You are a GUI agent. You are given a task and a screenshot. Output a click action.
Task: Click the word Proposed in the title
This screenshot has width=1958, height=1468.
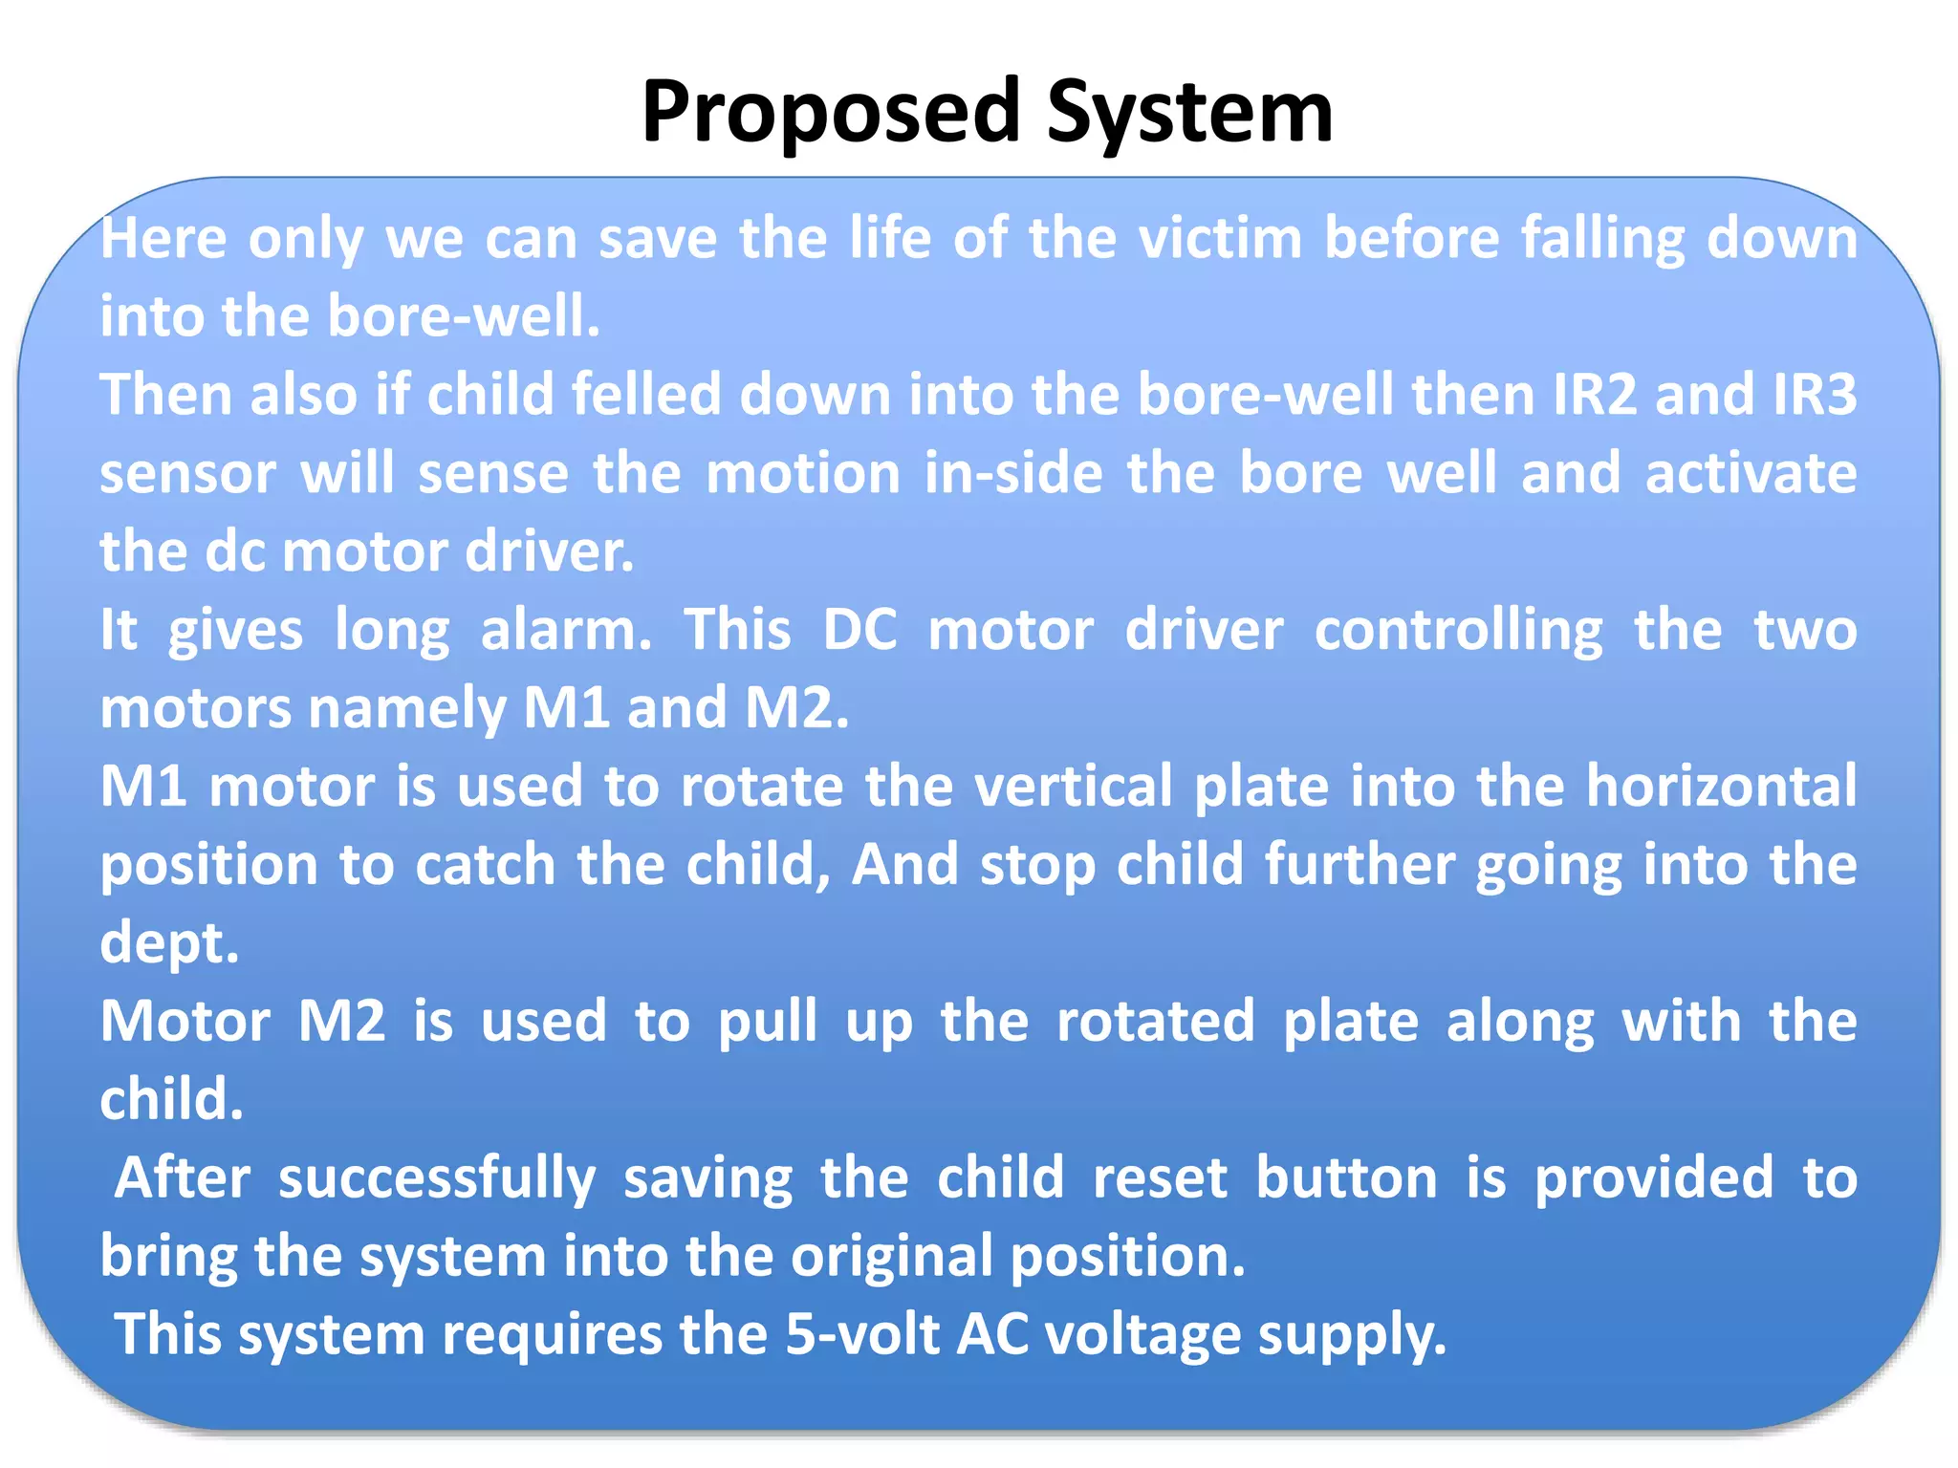831,113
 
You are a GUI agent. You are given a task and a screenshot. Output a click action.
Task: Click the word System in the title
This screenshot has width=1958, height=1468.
1189,113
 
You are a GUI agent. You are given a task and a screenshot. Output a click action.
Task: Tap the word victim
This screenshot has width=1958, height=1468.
1220,238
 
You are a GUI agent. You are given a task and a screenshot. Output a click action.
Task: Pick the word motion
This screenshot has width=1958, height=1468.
803,473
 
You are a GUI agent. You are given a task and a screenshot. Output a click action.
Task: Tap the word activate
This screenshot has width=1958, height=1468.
1751,473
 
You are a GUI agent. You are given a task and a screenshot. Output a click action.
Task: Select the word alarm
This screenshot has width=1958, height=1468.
565,630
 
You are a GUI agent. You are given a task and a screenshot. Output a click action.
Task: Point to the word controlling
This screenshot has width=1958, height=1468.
1458,630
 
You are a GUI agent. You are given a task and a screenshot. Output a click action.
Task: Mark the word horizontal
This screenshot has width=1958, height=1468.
1721,787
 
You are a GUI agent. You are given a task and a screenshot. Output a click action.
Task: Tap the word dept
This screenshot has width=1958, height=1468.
169,943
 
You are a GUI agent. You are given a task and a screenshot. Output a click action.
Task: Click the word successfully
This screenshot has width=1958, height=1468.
437,1178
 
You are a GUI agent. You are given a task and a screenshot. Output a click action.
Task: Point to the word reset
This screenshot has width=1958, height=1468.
1160,1178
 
